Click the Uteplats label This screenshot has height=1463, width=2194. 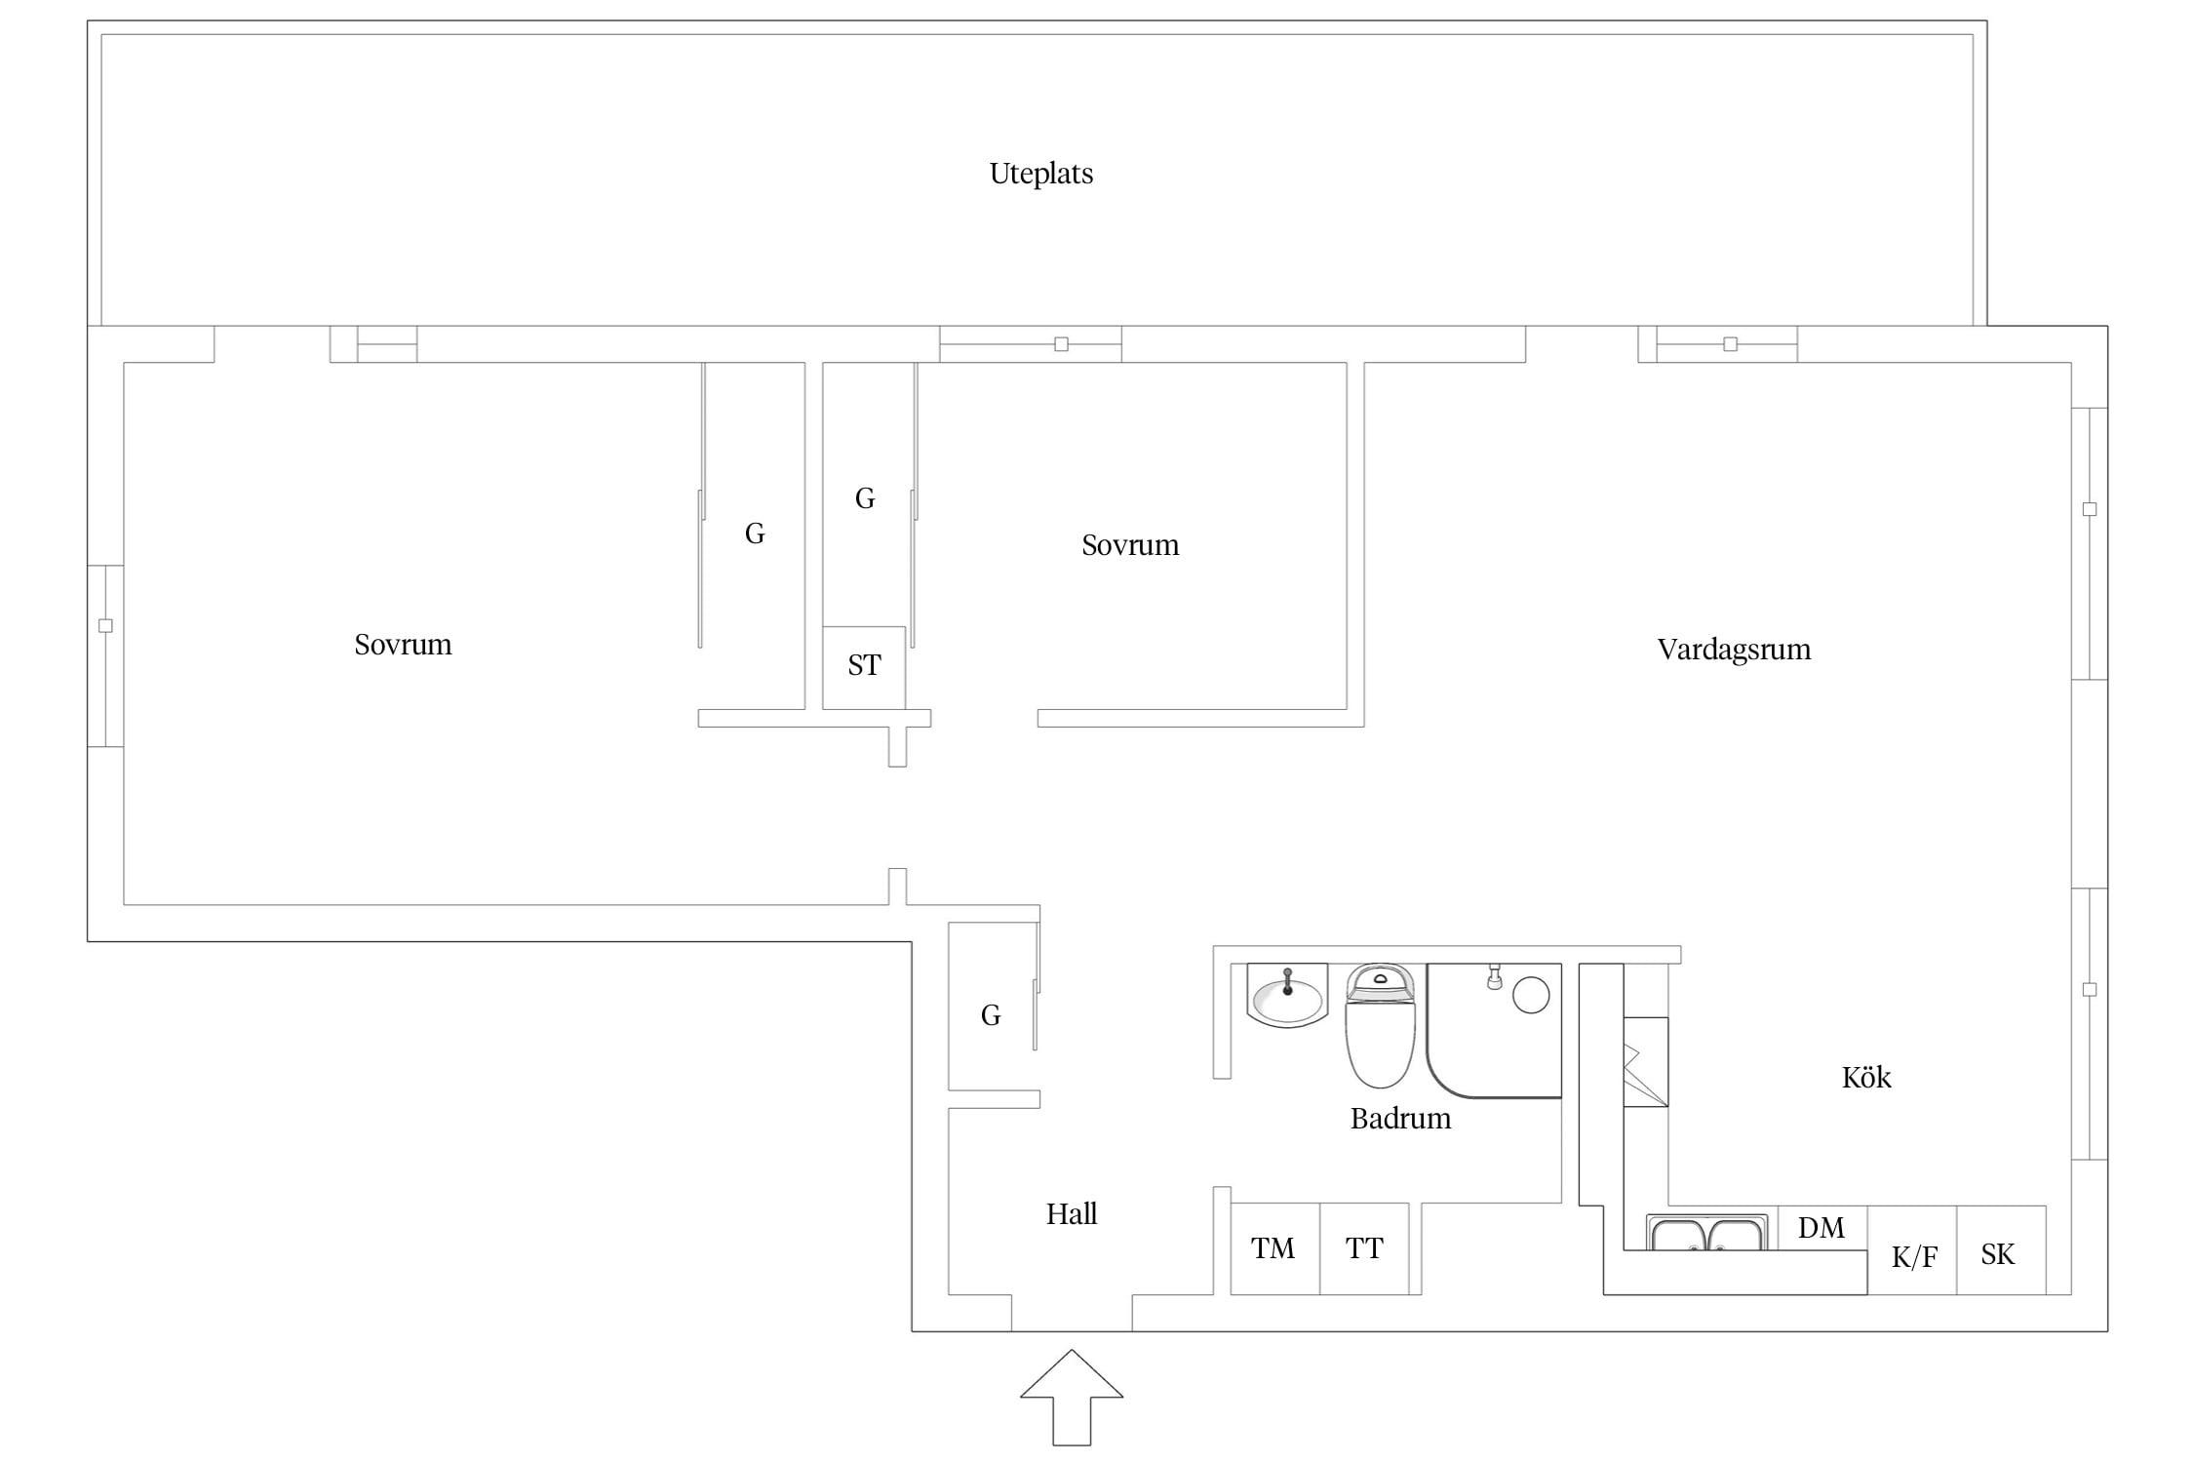tap(1041, 175)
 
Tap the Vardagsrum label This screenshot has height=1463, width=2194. tap(1734, 650)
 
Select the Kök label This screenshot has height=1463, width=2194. tap(1866, 1077)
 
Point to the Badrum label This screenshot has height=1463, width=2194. tap(1400, 1118)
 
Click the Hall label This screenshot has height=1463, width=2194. tap(1072, 1213)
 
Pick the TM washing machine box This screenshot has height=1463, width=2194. tap(1274, 1248)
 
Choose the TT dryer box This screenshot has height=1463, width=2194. tap(1364, 1248)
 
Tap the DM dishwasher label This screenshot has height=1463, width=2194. tap(1822, 1228)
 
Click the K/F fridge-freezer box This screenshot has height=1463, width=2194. tap(1912, 1250)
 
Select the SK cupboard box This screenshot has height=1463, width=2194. tap(2001, 1250)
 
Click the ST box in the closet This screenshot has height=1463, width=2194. tap(864, 668)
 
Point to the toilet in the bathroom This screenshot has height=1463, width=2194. tap(1380, 1025)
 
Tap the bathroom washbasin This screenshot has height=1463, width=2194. tap(1287, 996)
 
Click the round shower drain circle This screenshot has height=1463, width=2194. tap(1531, 995)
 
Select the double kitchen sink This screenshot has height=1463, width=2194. tap(1707, 1233)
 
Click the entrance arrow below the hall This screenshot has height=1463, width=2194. tap(1072, 1397)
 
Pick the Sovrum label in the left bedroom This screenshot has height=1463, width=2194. tap(403, 645)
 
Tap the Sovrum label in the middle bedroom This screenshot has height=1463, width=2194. tap(1130, 545)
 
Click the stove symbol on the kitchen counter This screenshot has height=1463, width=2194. tap(1646, 1062)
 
